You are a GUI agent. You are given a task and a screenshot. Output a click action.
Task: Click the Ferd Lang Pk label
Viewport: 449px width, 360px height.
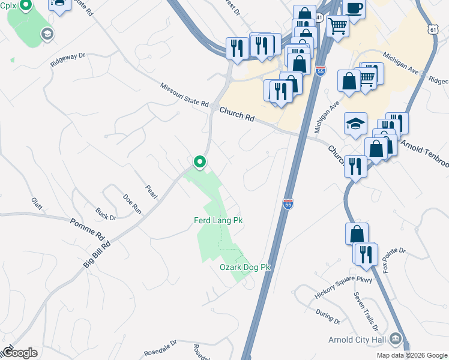coord(218,221)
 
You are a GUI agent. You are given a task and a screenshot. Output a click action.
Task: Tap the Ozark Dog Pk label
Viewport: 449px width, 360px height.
coord(245,267)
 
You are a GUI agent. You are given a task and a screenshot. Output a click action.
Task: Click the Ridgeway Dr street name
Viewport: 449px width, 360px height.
coord(68,60)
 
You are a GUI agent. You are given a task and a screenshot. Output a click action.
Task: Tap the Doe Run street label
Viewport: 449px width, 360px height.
coord(131,204)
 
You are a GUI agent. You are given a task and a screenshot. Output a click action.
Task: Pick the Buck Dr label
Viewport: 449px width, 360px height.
coord(105,213)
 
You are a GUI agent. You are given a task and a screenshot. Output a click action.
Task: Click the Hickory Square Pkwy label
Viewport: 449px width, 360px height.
coord(343,288)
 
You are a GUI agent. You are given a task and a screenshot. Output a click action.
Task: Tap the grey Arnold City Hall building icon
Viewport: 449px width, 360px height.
coord(396,340)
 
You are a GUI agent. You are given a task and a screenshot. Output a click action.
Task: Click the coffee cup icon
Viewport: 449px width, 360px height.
coord(354,8)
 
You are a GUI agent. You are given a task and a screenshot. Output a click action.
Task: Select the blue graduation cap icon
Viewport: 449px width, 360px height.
coord(355,124)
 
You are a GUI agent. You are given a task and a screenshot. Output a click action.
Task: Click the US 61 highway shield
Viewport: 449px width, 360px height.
coord(434,29)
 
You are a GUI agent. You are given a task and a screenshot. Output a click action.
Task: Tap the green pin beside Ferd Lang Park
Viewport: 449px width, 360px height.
coord(199,162)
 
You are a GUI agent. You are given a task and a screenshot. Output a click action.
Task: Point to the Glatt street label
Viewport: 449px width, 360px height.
coord(37,204)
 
